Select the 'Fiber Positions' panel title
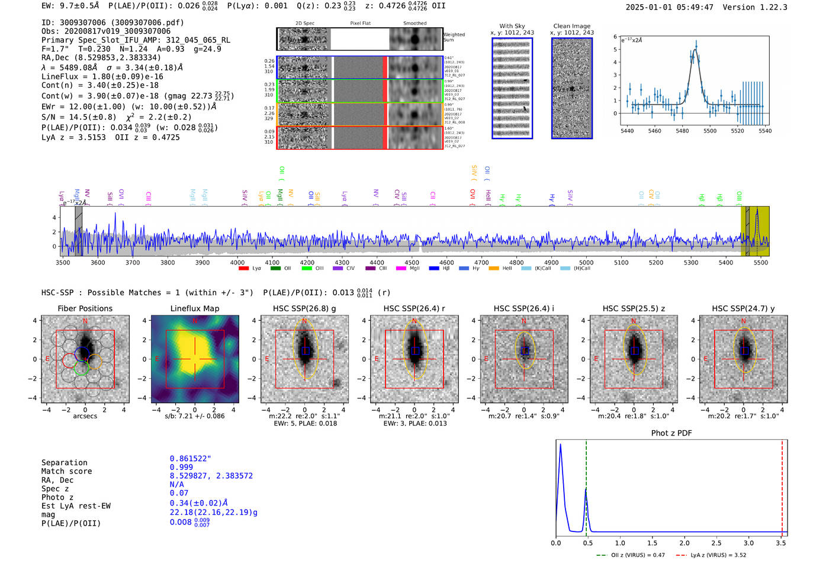pos(85,308)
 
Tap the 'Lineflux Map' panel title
pos(195,308)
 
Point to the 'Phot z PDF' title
pos(671,433)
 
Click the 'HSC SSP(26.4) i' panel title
pos(524,308)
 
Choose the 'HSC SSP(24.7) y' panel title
pos(743,308)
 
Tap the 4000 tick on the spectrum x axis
pos(237,262)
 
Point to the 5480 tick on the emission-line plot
pos(682,131)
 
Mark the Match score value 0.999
pos(181,468)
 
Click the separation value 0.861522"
pos(190,459)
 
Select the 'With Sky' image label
pos(512,26)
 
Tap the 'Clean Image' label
pos(571,26)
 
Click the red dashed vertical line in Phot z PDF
pos(782,485)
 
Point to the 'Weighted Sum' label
pos(454,37)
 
